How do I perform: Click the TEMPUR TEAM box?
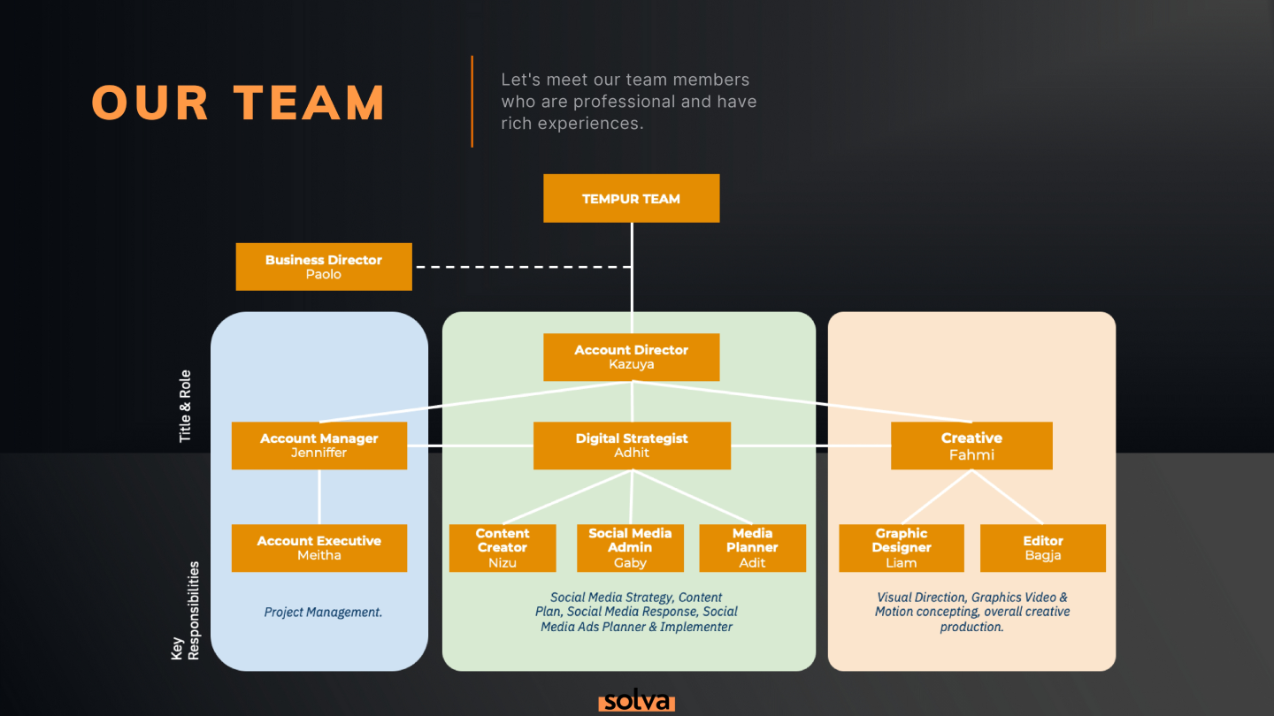click(631, 198)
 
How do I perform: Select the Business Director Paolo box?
click(324, 266)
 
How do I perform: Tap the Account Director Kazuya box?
click(631, 356)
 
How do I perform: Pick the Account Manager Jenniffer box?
click(319, 445)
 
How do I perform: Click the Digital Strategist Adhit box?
click(632, 445)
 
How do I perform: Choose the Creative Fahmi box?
click(971, 446)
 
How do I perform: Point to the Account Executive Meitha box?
click(319, 547)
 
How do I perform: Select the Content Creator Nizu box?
click(503, 548)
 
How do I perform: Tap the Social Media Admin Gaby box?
click(630, 548)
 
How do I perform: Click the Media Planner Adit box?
click(753, 548)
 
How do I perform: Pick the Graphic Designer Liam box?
click(902, 548)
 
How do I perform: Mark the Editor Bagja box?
click(1043, 548)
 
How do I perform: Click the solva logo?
click(636, 702)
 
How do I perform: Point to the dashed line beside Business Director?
click(522, 266)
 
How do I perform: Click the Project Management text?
click(323, 612)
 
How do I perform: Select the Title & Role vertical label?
click(185, 407)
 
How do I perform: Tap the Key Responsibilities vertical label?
click(185, 610)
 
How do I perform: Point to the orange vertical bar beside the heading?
click(472, 101)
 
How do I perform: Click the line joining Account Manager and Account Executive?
click(319, 497)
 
